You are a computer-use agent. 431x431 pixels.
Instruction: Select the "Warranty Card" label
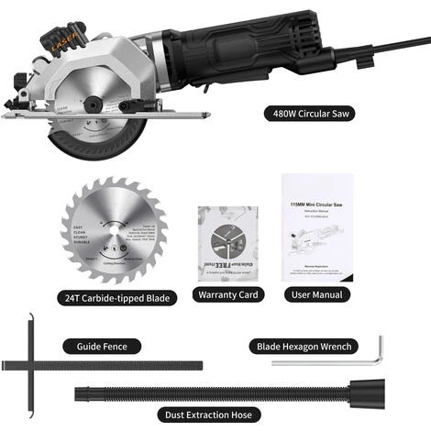(227, 295)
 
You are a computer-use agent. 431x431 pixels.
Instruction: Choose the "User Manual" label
(317, 295)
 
